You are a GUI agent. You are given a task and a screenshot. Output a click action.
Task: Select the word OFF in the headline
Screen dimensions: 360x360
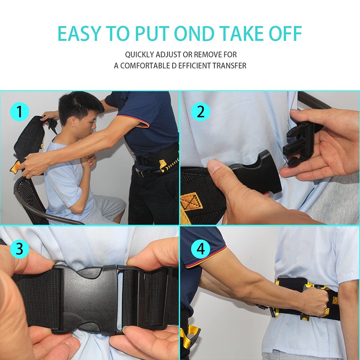point(285,33)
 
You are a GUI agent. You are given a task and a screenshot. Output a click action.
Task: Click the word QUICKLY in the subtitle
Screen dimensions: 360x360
point(139,54)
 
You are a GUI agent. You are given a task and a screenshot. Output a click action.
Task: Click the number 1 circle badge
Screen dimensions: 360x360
point(19,112)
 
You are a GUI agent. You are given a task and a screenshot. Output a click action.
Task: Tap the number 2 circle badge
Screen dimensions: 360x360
point(200,112)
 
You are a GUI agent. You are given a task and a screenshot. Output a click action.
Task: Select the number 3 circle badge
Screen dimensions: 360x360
point(19,249)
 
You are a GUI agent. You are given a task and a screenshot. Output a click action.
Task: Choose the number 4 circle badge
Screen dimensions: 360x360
point(200,249)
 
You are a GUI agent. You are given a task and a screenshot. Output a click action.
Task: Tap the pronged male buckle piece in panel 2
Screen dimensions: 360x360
point(301,142)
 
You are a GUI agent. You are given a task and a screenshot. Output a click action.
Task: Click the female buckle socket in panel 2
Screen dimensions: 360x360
point(255,171)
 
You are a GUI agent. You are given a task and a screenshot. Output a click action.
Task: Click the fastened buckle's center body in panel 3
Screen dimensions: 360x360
point(89,299)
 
